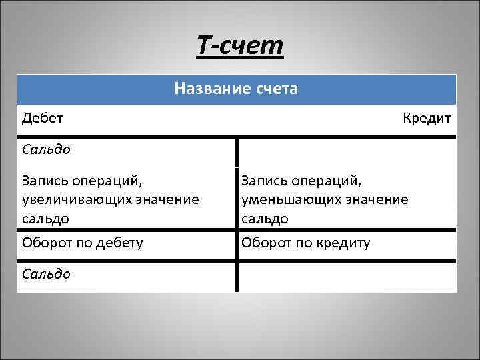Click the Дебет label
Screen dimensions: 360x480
pyautogui.click(x=42, y=119)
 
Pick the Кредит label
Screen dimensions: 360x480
pyautogui.click(x=427, y=119)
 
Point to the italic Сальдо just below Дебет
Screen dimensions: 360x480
pyautogui.click(x=46, y=149)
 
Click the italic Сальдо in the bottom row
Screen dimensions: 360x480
pyautogui.click(x=46, y=273)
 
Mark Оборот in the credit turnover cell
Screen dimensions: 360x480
pyautogui.click(x=265, y=243)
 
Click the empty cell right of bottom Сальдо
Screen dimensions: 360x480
pyautogui.click(x=347, y=276)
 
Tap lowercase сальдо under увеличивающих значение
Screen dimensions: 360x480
pyautogui.click(x=45, y=218)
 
